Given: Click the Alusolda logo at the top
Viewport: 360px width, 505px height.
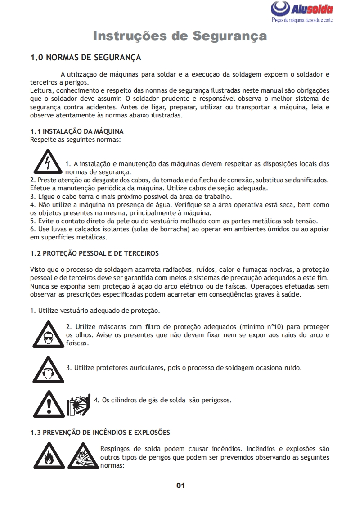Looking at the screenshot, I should point(302,9).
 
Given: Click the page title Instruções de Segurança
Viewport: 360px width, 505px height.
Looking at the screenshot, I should point(180,36).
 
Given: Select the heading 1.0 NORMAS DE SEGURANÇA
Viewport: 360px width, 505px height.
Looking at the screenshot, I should point(85,58).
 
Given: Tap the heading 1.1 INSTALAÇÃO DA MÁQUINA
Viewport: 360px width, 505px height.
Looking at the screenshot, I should point(77,131).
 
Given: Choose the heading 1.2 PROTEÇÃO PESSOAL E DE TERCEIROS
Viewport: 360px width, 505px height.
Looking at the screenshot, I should point(94,253).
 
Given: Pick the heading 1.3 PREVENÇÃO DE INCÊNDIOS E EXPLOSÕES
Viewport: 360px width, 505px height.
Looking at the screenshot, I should point(100,433).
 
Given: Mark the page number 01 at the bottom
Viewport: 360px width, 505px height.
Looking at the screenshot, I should point(180,485).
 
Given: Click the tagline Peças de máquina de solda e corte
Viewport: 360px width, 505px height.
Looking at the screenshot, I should point(302,21).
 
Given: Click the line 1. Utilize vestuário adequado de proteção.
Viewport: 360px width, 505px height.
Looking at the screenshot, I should point(95,311).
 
